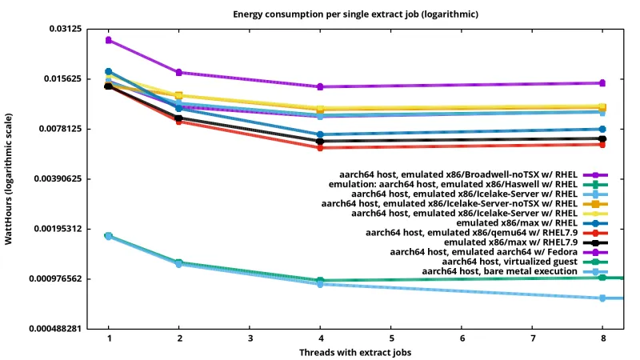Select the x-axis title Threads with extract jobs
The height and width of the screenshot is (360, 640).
click(355, 352)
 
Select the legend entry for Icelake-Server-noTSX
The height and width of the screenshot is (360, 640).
click(450, 203)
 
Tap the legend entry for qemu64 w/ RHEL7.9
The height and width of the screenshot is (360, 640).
click(471, 232)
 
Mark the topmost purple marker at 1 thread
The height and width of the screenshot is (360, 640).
click(109, 40)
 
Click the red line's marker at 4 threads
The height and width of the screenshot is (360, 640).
click(320, 147)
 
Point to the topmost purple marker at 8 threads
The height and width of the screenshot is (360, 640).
click(602, 83)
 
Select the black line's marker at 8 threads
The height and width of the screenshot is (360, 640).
click(602, 138)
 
